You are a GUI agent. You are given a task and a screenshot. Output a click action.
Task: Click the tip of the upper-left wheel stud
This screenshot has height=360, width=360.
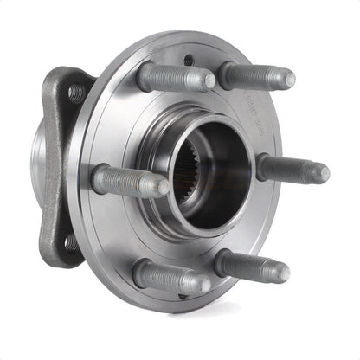(x=208, y=80)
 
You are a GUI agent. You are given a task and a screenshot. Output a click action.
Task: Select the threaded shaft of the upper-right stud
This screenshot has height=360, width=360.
(x=255, y=75)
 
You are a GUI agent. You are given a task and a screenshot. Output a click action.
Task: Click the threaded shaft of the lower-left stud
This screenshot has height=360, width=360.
(x=169, y=276)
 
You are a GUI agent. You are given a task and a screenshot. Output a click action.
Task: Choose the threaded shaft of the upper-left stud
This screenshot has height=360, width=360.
(x=173, y=77)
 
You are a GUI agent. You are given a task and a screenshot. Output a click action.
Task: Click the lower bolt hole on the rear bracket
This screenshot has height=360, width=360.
(x=69, y=244)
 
